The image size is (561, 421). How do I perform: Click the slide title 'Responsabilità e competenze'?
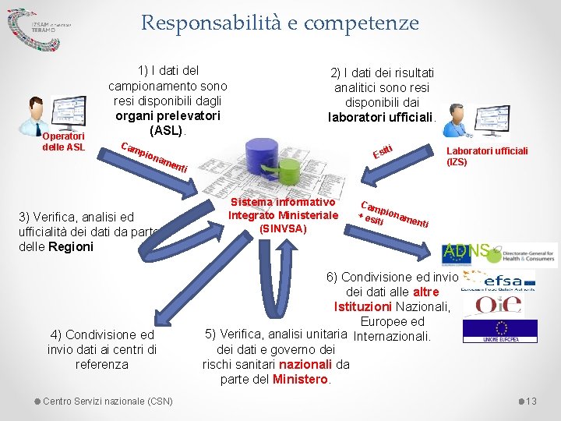click(x=280, y=23)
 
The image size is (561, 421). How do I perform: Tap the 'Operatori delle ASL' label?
click(x=63, y=143)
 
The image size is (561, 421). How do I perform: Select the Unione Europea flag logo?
click(x=499, y=331)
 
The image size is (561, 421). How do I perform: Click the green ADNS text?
click(x=465, y=251)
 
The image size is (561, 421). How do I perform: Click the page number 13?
click(x=532, y=401)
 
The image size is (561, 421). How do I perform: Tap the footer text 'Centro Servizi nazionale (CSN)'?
click(x=108, y=401)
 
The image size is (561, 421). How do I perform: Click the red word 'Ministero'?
click(x=301, y=379)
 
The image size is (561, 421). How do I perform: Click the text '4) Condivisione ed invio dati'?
click(x=102, y=334)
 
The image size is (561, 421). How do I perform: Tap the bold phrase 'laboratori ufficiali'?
click(x=380, y=118)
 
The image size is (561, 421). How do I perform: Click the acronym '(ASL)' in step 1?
click(x=168, y=129)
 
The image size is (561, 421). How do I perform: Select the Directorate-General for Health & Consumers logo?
click(x=526, y=255)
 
